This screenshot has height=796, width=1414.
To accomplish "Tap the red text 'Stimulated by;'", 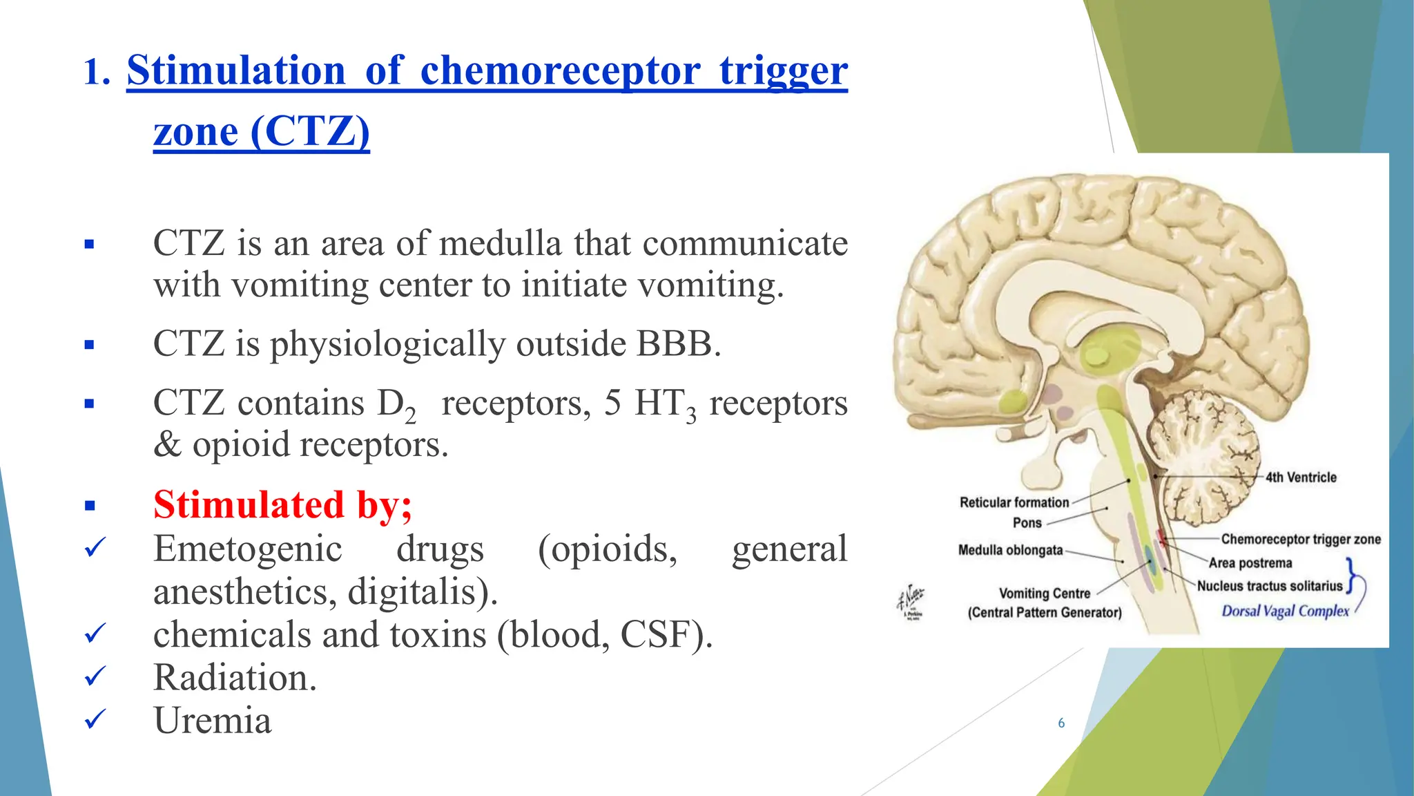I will tap(282, 504).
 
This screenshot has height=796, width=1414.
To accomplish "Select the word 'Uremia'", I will tap(212, 721).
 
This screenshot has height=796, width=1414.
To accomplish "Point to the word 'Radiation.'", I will tap(235, 678).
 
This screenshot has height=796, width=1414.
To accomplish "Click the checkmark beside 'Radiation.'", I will tap(95, 676).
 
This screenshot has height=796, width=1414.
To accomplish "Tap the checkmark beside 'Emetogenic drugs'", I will tap(95, 548).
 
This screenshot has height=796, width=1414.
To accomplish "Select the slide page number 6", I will tap(1061, 723).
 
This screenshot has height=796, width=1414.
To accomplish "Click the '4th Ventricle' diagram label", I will tap(1300, 477).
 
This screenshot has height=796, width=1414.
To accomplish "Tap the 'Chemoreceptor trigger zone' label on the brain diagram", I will tap(1300, 539).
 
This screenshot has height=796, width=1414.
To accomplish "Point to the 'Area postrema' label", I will tap(1250, 563).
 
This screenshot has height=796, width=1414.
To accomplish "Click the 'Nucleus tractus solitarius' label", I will tap(1269, 586).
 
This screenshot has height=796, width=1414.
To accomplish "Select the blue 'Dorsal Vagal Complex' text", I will tap(1284, 611).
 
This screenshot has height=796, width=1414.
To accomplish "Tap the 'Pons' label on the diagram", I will tap(1027, 523).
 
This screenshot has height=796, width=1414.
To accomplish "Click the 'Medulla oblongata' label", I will tap(1010, 550).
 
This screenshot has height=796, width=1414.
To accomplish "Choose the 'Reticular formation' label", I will tap(1014, 502).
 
